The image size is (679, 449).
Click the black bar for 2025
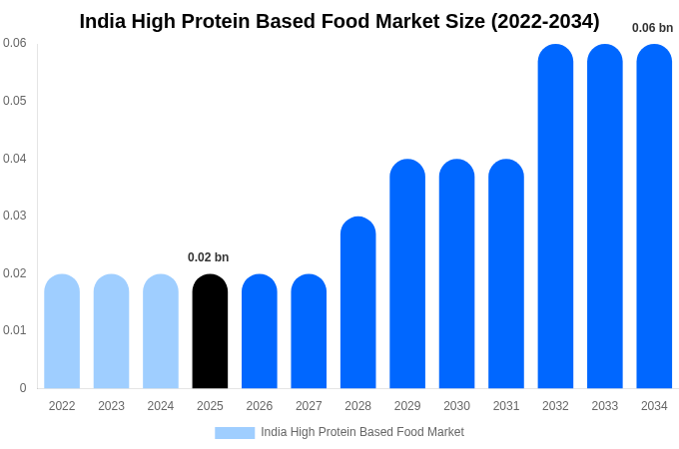pyautogui.click(x=210, y=331)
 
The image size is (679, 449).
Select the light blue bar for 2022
pyautogui.click(x=62, y=331)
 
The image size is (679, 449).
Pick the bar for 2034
pyautogui.click(x=654, y=217)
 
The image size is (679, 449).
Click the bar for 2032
pyautogui.click(x=555, y=217)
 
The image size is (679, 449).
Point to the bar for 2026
pyautogui.click(x=260, y=331)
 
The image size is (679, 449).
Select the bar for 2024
pyautogui.click(x=161, y=331)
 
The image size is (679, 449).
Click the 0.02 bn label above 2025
pyautogui.click(x=208, y=257)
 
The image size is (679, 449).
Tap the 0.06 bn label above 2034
pyautogui.click(x=652, y=28)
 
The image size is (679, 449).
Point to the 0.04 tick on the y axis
pyautogui.click(x=15, y=158)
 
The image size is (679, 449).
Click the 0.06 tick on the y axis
pyautogui.click(x=15, y=43)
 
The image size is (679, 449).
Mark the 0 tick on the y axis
pyautogui.click(x=23, y=388)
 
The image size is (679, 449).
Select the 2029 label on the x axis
pyautogui.click(x=407, y=406)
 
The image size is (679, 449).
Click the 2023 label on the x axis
pyautogui.click(x=111, y=406)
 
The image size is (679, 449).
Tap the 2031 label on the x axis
pyautogui.click(x=506, y=406)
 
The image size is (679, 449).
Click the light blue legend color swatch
pyautogui.click(x=235, y=432)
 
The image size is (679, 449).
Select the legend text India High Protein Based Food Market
pyautogui.click(x=362, y=432)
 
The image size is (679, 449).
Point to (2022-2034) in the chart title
pyautogui.click(x=545, y=21)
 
